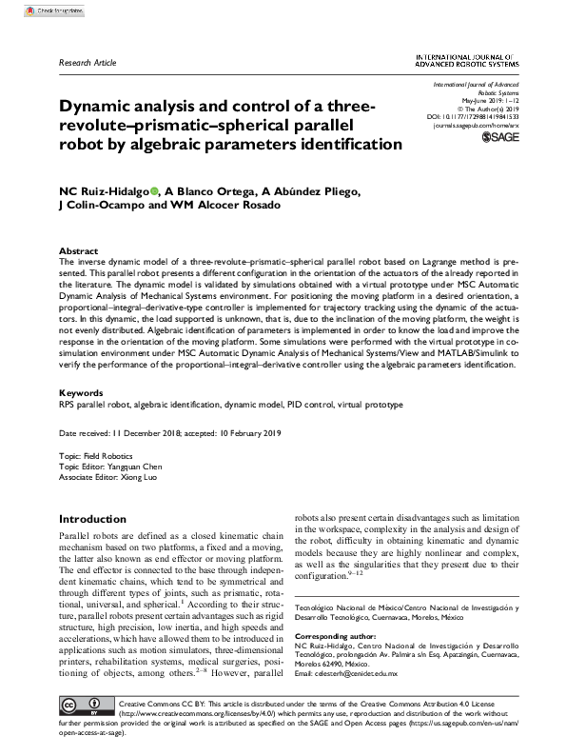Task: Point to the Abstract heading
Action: tap(78, 250)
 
